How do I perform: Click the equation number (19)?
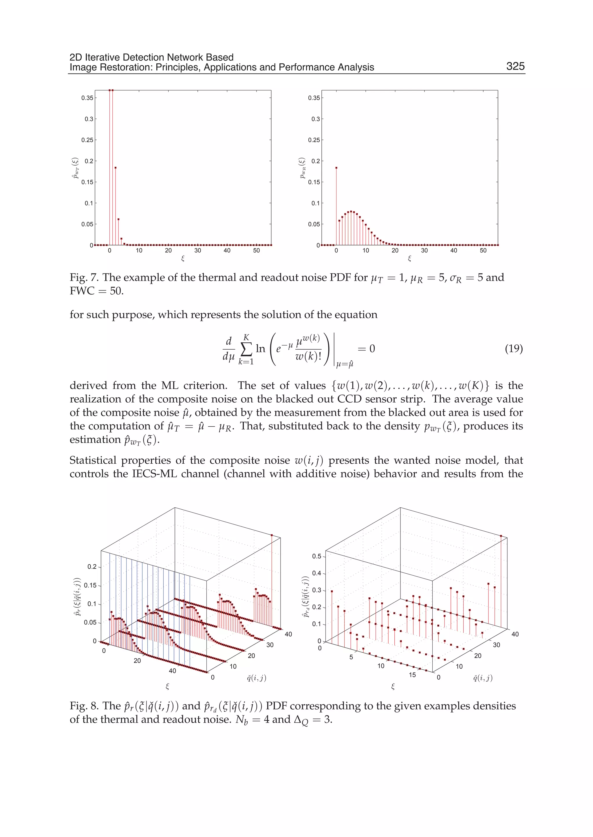point(514,348)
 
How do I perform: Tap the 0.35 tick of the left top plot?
point(87,98)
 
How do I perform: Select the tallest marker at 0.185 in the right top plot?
point(336,168)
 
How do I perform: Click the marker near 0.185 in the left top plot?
point(116,168)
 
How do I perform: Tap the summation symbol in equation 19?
point(246,349)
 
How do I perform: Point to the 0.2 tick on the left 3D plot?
point(92,566)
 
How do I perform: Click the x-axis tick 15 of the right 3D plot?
point(412,675)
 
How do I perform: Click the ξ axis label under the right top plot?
point(409,258)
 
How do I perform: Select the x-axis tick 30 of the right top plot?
point(424,250)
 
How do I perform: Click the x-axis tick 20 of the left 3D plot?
point(137,660)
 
